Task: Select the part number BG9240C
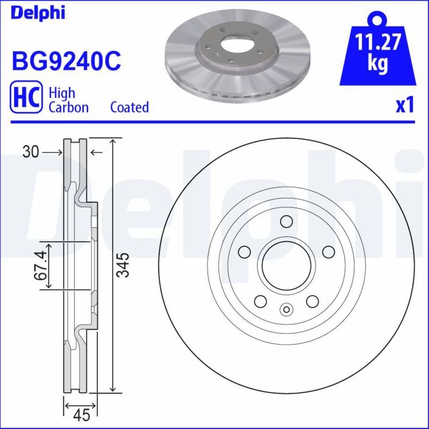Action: (65, 61)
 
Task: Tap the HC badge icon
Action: (25, 98)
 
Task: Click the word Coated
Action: (129, 107)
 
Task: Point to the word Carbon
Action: (69, 107)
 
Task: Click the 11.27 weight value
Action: (378, 42)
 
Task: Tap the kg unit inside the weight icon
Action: (378, 63)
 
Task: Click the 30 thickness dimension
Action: (31, 153)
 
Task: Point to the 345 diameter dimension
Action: (124, 265)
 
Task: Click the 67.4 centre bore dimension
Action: (38, 265)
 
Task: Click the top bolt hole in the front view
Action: (287, 222)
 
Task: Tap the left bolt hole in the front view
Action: (245, 252)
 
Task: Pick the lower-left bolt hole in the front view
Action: (261, 301)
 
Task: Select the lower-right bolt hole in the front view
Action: (313, 301)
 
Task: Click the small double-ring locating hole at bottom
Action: (287, 310)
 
